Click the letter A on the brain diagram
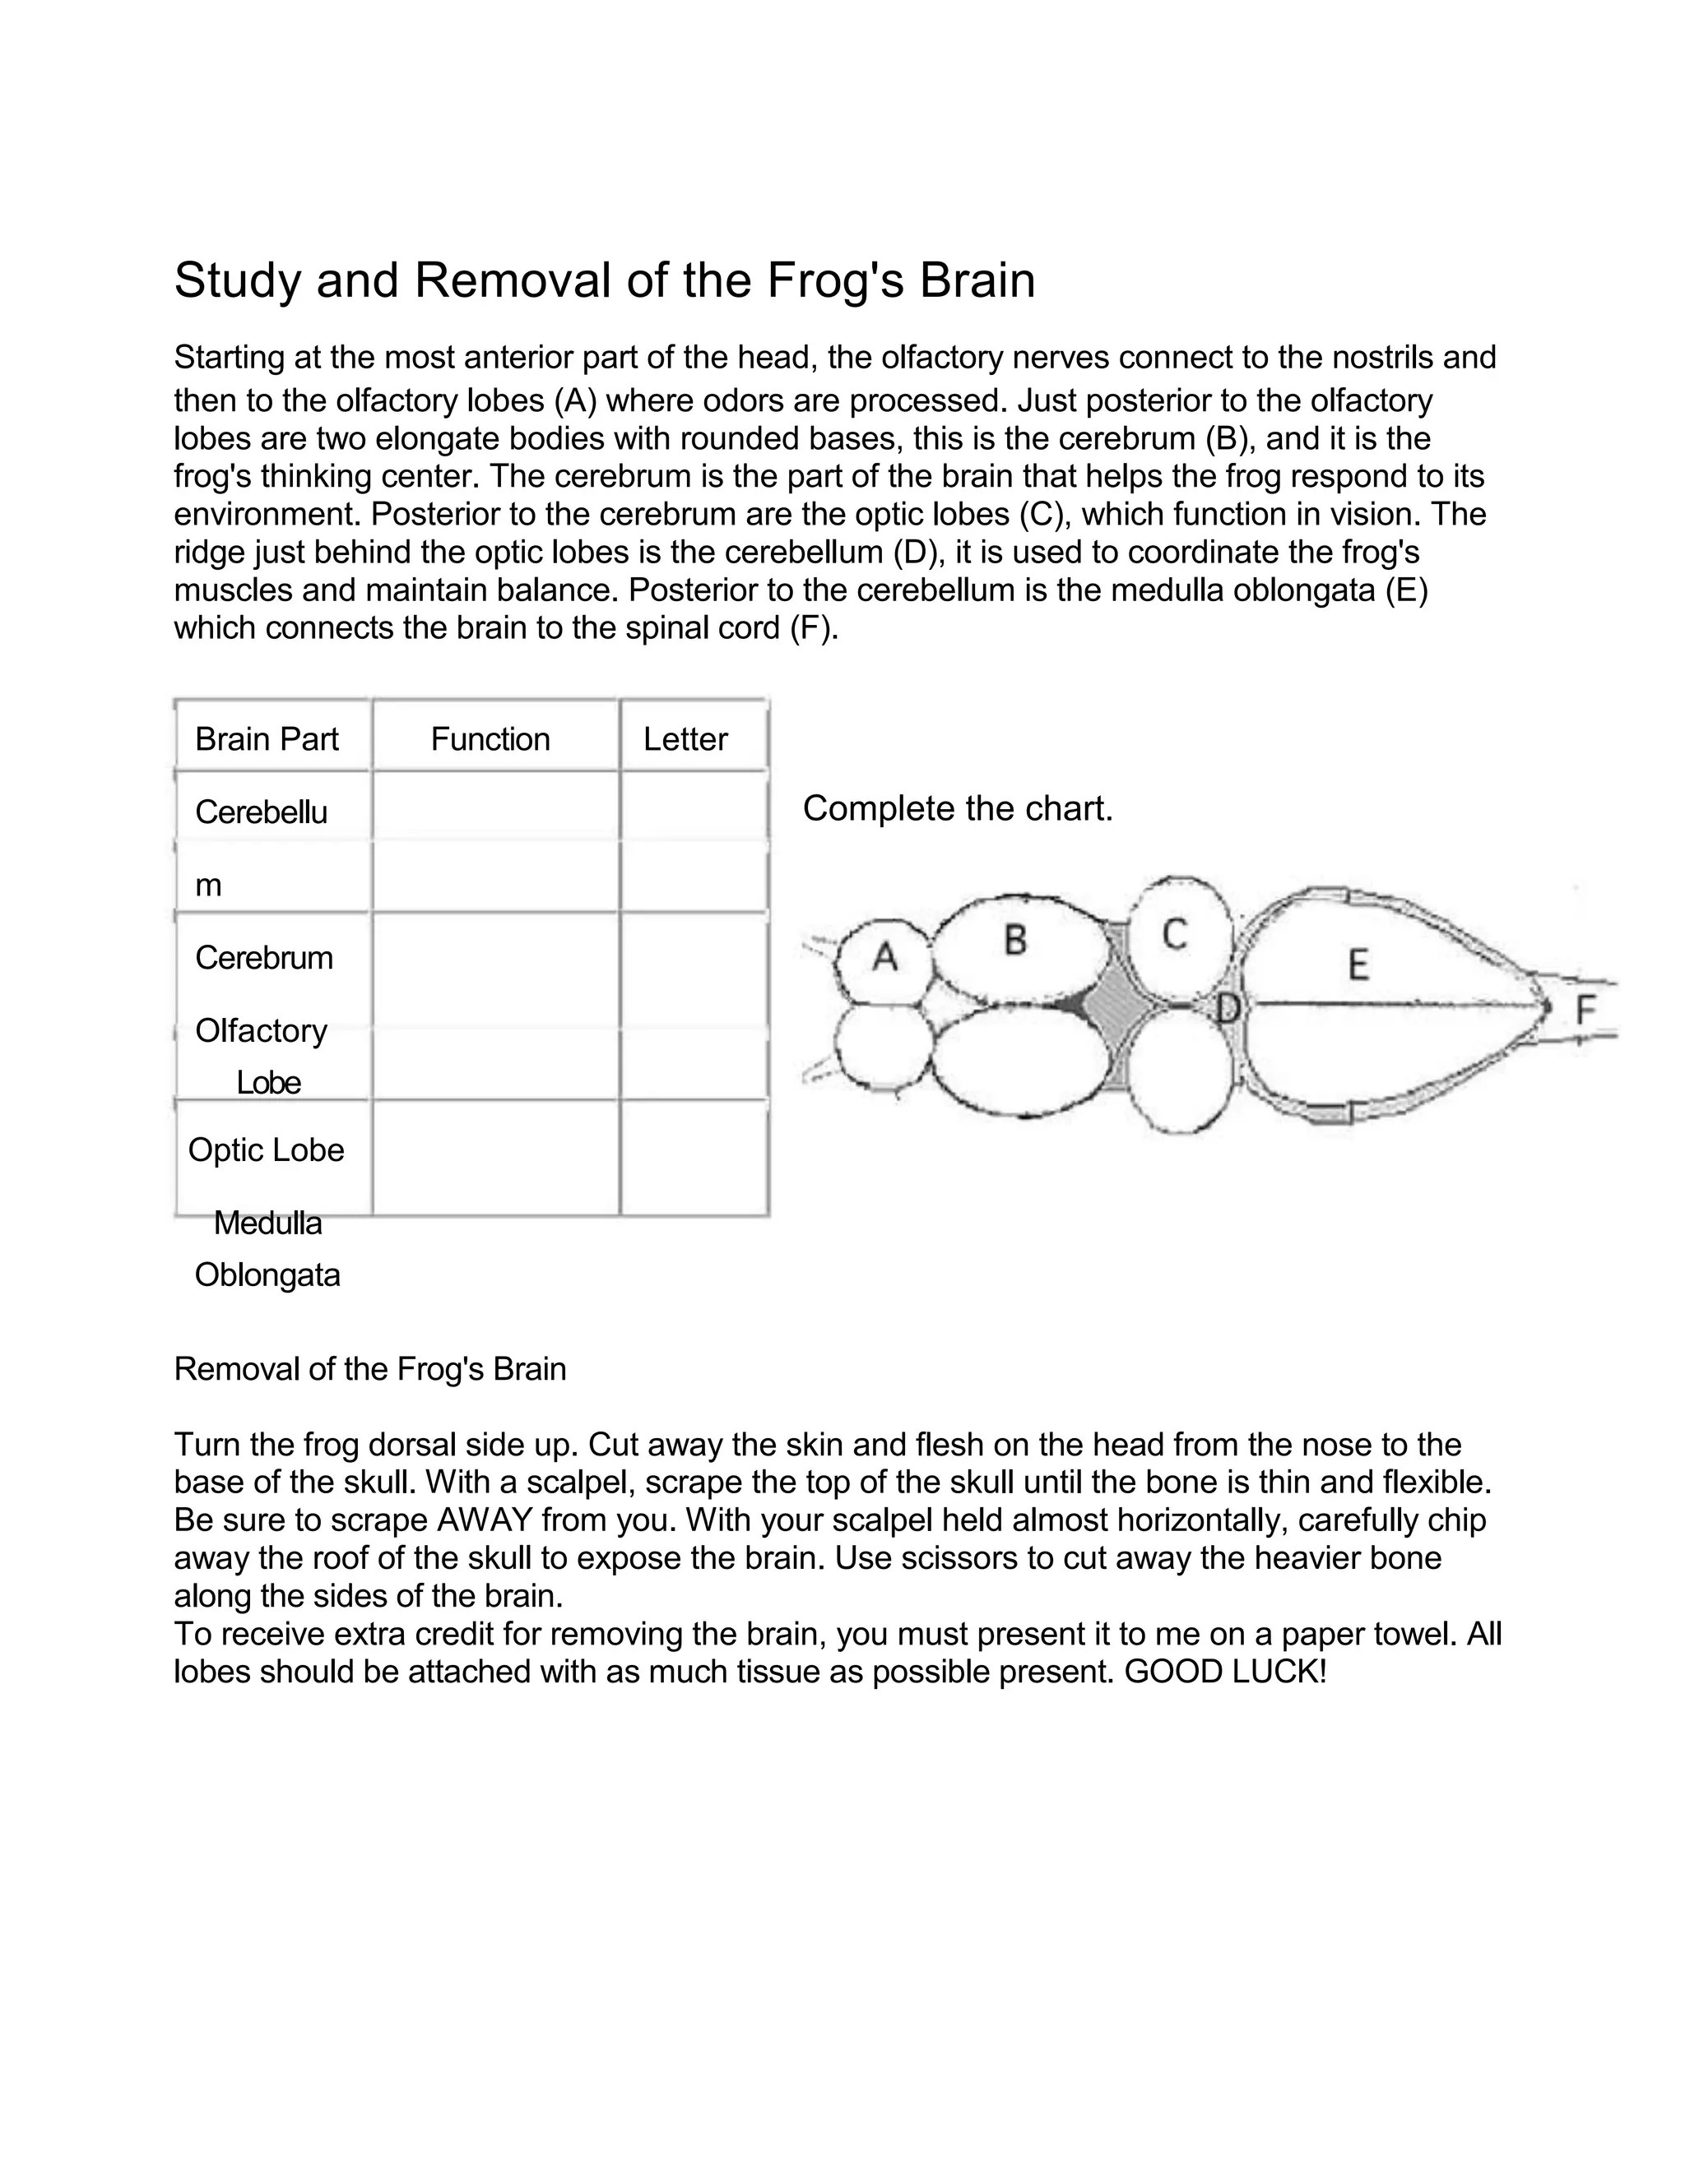point(884,957)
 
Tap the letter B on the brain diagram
point(1015,939)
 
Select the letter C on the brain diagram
point(1175,935)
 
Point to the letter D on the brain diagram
point(1228,1009)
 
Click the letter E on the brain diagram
point(1358,965)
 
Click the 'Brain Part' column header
point(267,739)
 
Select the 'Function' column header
point(490,739)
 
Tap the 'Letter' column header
point(685,739)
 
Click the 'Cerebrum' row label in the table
point(263,958)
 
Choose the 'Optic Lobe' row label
point(266,1150)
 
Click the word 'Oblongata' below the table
point(267,1275)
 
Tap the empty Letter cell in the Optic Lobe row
point(694,1158)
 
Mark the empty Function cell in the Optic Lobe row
point(495,1158)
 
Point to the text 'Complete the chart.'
point(958,808)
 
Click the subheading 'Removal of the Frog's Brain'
point(369,1369)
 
